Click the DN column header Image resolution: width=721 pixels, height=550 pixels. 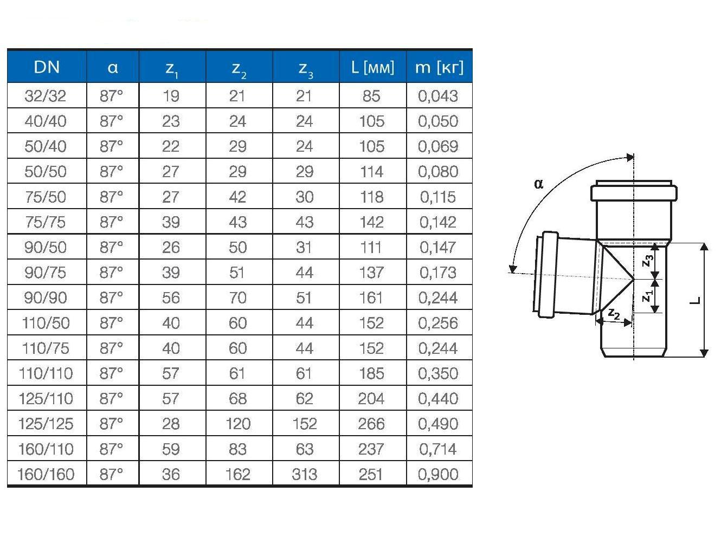pos(47,67)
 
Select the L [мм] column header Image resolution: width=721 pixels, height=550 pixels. pos(372,67)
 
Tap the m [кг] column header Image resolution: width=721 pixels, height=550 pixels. pos(439,67)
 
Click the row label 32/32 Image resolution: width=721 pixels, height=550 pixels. pos(46,96)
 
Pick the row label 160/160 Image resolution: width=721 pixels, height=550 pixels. pos(46,475)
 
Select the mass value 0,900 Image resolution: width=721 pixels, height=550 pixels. pos(438,475)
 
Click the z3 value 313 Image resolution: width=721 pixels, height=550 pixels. pos(305,475)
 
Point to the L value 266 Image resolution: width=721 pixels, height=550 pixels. pos(371,424)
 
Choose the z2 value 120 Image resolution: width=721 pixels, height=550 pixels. pos(238,424)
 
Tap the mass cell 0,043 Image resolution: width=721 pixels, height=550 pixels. pos(438,96)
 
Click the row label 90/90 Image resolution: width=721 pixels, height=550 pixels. pos(46,298)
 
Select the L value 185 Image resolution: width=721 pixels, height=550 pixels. pos(371,373)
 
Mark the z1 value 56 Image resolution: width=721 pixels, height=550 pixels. pos(171,298)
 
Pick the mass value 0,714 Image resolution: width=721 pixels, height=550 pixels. pos(438,449)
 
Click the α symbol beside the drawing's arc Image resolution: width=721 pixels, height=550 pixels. pos(538,184)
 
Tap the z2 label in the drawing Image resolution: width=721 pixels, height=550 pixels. pos(614,313)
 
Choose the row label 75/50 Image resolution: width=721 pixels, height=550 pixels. pos(46,197)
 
